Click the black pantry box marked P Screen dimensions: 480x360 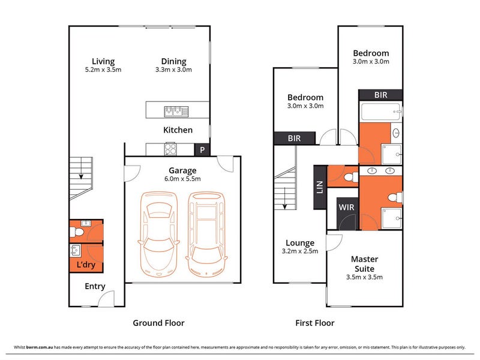click(202, 149)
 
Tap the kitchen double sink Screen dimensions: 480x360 click(176, 111)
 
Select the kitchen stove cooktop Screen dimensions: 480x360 click(170, 149)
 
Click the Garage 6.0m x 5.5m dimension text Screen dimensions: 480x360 click(182, 179)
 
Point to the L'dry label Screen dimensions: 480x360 click(86, 265)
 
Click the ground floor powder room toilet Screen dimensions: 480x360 click(77, 232)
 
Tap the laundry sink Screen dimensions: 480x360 click(76, 251)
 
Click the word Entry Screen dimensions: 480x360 click(95, 286)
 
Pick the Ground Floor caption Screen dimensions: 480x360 click(158, 323)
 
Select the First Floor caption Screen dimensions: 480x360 click(314, 323)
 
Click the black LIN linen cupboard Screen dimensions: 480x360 click(320, 187)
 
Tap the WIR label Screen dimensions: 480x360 click(346, 207)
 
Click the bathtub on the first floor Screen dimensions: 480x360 click(381, 112)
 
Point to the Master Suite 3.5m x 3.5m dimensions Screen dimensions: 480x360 click(364, 277)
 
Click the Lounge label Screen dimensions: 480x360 click(300, 243)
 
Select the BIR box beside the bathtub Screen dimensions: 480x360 click(380, 95)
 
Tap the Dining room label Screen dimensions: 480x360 click(173, 61)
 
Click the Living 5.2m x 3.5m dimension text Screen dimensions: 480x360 click(103, 70)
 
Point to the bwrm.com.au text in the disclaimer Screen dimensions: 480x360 click(40, 347)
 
